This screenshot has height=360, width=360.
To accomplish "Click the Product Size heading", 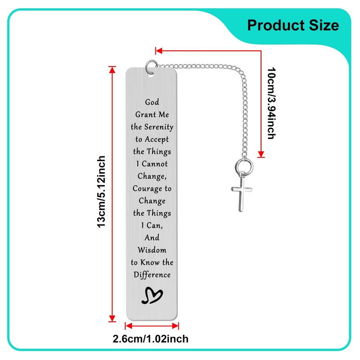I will [x=293, y=25].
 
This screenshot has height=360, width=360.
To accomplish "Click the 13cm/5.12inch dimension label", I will [x=102, y=192].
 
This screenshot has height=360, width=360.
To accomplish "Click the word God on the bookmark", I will [x=152, y=103].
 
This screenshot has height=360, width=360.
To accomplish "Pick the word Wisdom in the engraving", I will [x=152, y=250].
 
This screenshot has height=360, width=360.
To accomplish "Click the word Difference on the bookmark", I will [x=152, y=274].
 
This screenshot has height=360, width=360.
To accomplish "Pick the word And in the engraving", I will [x=152, y=238].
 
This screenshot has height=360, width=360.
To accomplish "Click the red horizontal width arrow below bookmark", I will [x=151, y=325].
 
